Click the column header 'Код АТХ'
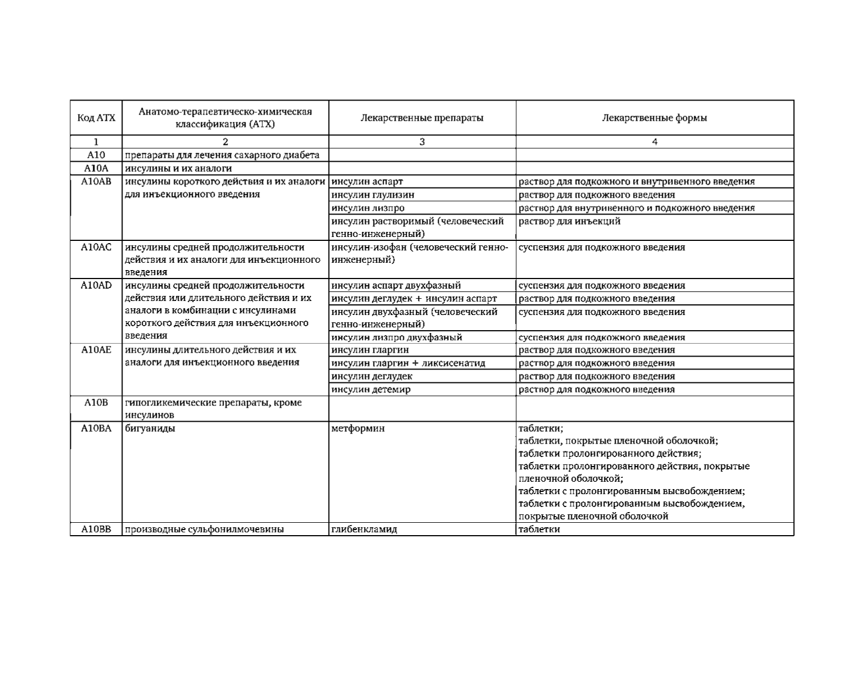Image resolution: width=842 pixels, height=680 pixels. tap(96, 118)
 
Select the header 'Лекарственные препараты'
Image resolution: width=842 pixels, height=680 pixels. tap(422, 118)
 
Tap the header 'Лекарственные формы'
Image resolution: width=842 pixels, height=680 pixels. tap(654, 118)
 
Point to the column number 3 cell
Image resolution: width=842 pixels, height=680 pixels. tap(422, 142)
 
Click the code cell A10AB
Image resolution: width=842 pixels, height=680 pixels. tap(96, 181)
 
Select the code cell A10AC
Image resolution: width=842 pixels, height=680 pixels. tap(96, 247)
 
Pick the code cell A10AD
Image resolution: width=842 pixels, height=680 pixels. tap(96, 285)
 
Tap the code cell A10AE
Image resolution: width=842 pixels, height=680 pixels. tap(96, 350)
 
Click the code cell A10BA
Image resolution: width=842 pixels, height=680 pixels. tap(96, 428)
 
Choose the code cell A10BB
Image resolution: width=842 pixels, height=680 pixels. tap(96, 529)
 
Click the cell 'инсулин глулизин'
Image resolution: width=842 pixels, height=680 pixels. tap(373, 195)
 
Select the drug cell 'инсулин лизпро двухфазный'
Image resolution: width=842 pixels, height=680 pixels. tap(397, 337)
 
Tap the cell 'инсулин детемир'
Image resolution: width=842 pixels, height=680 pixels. tap(371, 389)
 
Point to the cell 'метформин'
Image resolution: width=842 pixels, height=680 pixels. tap(358, 428)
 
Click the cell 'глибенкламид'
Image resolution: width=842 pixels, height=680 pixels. tap(364, 529)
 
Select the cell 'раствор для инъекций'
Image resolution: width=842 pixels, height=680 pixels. tap(569, 221)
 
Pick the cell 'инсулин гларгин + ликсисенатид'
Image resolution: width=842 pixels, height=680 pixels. tap(408, 363)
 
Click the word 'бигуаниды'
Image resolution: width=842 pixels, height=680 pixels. tap(149, 428)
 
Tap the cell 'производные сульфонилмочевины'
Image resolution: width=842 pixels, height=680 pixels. tap(204, 529)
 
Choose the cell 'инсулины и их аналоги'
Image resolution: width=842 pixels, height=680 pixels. tap(178, 168)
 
